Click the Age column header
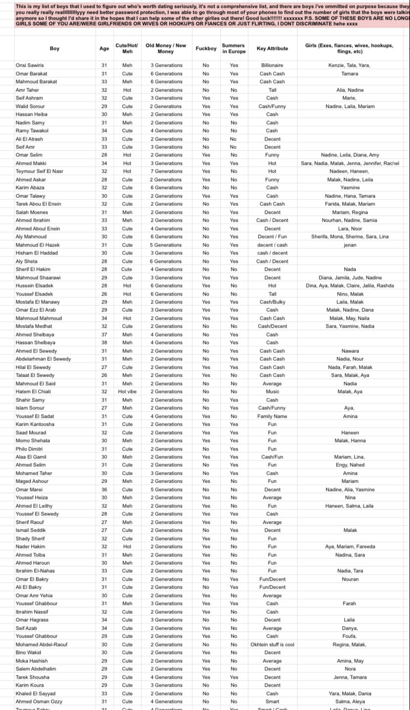tap(104, 49)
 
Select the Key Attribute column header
tap(272, 49)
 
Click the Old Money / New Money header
tap(166, 49)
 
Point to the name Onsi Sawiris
tap(30, 65)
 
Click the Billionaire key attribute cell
tap(272, 65)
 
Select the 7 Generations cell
tap(166, 171)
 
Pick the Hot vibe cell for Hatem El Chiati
tap(127, 392)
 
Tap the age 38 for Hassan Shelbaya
tap(104, 343)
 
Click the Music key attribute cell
tap(272, 392)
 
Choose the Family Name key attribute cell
tap(272, 416)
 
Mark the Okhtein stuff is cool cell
tap(272, 645)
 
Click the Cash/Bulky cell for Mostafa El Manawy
tap(272, 302)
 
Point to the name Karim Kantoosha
tap(35, 424)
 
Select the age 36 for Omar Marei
tap(104, 490)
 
